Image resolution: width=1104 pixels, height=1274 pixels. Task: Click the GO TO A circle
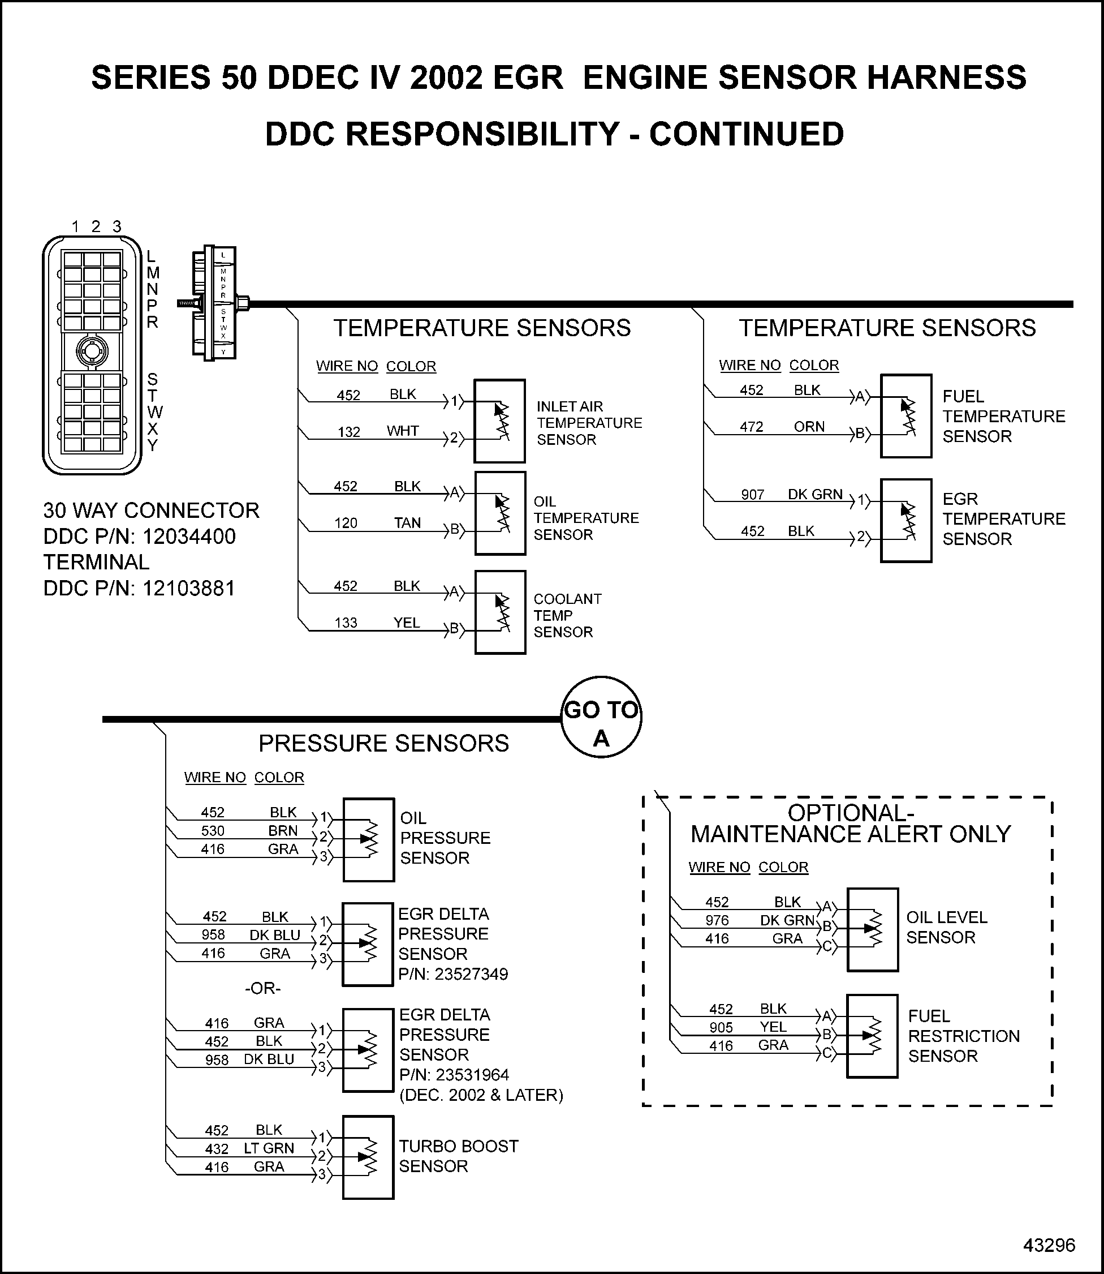click(601, 717)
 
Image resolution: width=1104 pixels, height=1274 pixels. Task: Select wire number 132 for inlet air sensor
click(349, 432)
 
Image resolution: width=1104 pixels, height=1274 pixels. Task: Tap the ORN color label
click(808, 427)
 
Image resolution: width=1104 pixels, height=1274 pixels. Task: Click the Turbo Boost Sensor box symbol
click(368, 1157)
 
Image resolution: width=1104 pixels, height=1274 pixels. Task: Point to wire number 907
click(752, 495)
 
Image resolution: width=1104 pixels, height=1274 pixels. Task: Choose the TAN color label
click(407, 522)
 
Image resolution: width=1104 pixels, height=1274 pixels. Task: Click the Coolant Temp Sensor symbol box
click(499, 612)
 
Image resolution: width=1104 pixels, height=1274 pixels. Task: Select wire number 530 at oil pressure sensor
click(213, 831)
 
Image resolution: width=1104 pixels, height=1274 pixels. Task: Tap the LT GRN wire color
click(269, 1148)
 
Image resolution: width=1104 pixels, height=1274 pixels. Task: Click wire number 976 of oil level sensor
click(717, 920)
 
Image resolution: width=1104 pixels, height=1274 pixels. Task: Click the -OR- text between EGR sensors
click(262, 989)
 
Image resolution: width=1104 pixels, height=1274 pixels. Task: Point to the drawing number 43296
click(1049, 1245)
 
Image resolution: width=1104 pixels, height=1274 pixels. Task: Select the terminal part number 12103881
click(188, 589)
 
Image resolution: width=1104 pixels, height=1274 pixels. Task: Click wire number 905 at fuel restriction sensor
click(721, 1027)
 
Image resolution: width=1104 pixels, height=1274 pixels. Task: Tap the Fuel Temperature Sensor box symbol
click(905, 416)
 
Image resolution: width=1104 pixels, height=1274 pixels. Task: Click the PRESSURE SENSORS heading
click(383, 743)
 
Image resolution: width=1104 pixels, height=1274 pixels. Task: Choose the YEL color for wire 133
click(407, 623)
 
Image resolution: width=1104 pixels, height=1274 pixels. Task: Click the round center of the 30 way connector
click(92, 351)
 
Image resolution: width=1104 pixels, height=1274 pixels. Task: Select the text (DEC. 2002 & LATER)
click(481, 1095)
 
